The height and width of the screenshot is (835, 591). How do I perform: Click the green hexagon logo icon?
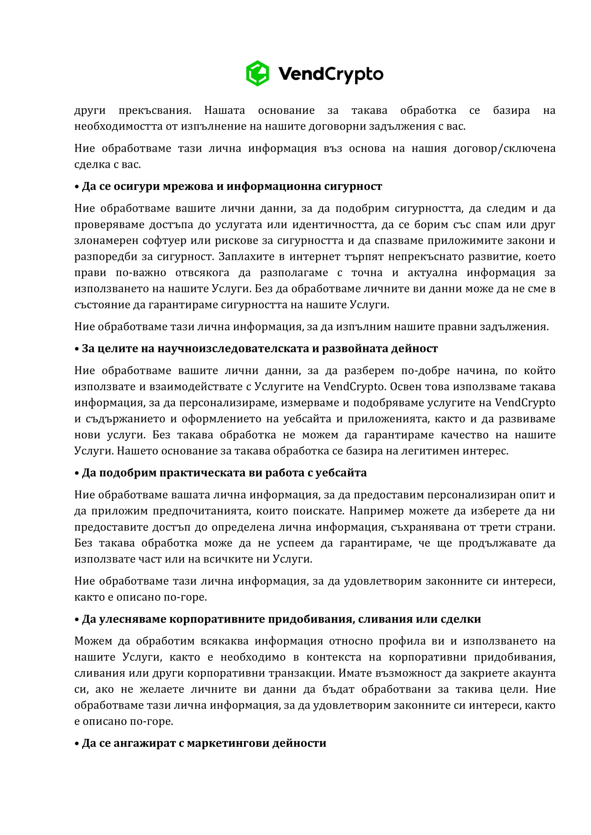(x=257, y=74)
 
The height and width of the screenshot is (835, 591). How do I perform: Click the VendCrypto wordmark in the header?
(x=331, y=74)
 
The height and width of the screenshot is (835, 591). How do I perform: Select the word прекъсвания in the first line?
(x=155, y=110)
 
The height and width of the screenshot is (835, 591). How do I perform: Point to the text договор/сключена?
(x=504, y=149)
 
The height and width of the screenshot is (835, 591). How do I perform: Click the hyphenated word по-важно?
(x=141, y=272)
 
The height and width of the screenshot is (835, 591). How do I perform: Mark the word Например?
(x=376, y=510)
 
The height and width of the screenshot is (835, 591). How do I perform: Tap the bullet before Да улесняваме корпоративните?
(x=77, y=619)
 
